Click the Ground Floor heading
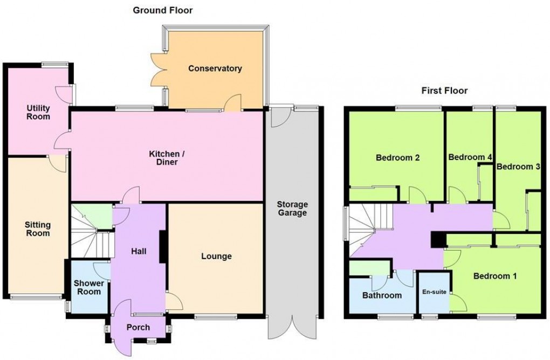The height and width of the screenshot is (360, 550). coord(163,11)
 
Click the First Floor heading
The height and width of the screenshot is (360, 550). coord(444,91)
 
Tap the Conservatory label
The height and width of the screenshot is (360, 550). coord(215,68)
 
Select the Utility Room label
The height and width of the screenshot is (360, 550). coord(38,112)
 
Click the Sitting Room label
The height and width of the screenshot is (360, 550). coord(38,229)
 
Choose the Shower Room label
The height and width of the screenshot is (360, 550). coord(89,287)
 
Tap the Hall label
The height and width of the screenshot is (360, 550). coord(139,251)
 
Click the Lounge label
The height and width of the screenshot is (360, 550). coord(216,256)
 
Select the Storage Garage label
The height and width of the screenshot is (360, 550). coord(292,209)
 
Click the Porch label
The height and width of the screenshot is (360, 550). coord(138,328)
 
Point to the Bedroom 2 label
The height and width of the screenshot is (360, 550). coord(398,158)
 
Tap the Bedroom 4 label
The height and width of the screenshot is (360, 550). coord(470,157)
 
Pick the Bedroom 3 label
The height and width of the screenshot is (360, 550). coord(518,167)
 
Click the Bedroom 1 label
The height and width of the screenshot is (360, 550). coord(495,276)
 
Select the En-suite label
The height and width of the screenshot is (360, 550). coord(434,292)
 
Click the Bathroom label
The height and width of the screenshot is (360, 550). coord(382,295)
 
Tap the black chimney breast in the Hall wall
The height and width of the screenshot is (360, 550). coord(163,246)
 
